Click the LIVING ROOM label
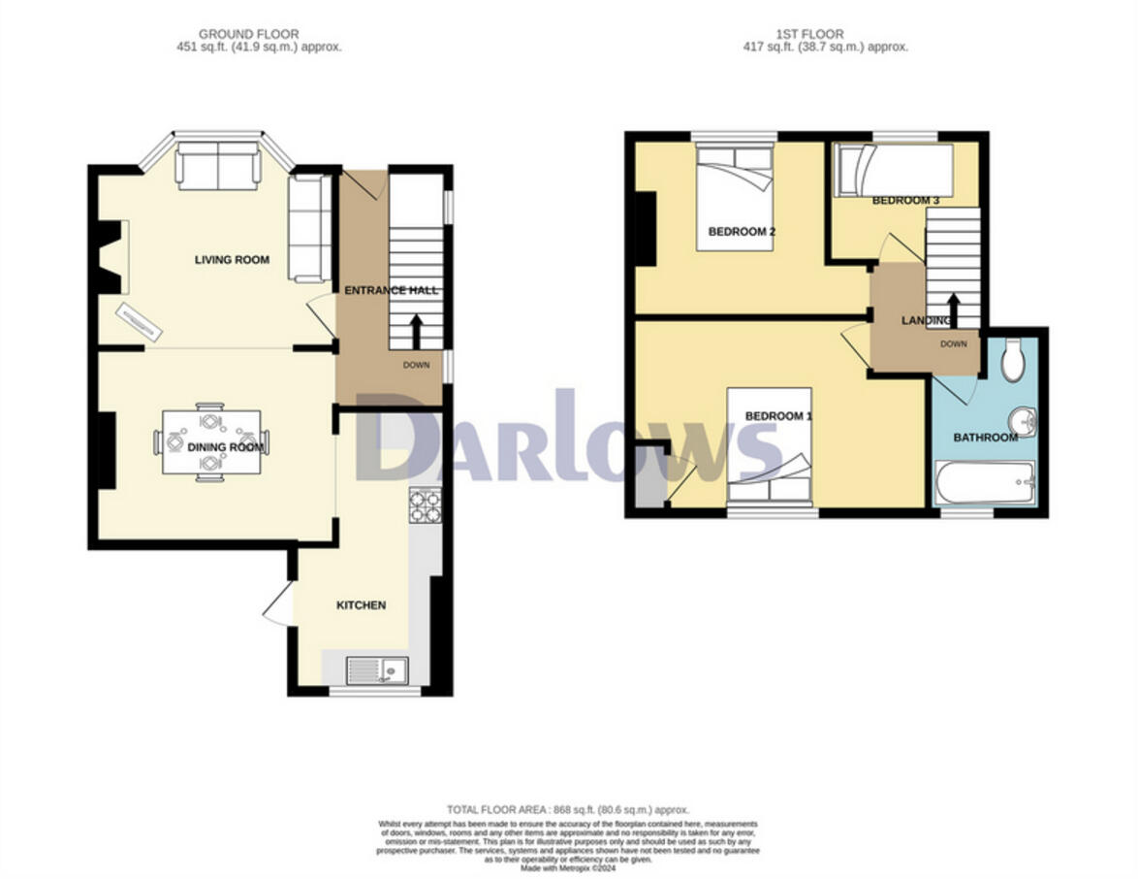[232, 260]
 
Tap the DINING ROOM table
[211, 442]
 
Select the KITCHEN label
[361, 605]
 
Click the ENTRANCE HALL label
[392, 290]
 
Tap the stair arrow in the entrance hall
[417, 331]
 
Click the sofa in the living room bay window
[217, 167]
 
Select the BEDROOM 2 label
[742, 232]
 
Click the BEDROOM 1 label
[777, 416]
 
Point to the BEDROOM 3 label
[905, 201]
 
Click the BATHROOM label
[985, 438]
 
